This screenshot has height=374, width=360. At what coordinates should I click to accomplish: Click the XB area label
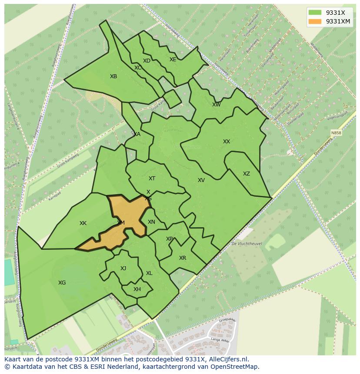click(x=113, y=76)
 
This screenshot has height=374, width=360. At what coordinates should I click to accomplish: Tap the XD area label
click(x=147, y=61)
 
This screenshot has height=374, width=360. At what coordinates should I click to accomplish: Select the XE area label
click(x=173, y=60)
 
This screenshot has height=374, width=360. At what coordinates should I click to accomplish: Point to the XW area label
click(x=216, y=105)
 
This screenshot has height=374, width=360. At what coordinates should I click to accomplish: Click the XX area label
click(x=227, y=142)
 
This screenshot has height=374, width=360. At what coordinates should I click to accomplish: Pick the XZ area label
click(x=247, y=174)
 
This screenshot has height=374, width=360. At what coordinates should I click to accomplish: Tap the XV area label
click(x=201, y=180)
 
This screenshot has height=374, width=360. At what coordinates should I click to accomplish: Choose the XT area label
click(x=152, y=179)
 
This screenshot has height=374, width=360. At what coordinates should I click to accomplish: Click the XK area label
click(x=83, y=223)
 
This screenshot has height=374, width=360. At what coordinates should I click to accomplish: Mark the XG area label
click(x=62, y=283)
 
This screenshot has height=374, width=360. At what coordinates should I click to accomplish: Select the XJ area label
click(x=123, y=268)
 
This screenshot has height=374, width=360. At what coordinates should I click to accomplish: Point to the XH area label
click(x=137, y=289)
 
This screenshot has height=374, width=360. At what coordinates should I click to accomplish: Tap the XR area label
click(x=183, y=258)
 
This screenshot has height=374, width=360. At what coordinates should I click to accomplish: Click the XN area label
click(x=151, y=222)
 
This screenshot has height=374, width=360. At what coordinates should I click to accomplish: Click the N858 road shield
click(x=336, y=133)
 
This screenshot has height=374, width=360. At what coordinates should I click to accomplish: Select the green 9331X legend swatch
click(x=315, y=13)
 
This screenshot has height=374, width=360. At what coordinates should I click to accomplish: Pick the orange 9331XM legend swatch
click(x=315, y=21)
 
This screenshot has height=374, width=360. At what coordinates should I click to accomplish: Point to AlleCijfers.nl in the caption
click(x=227, y=359)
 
